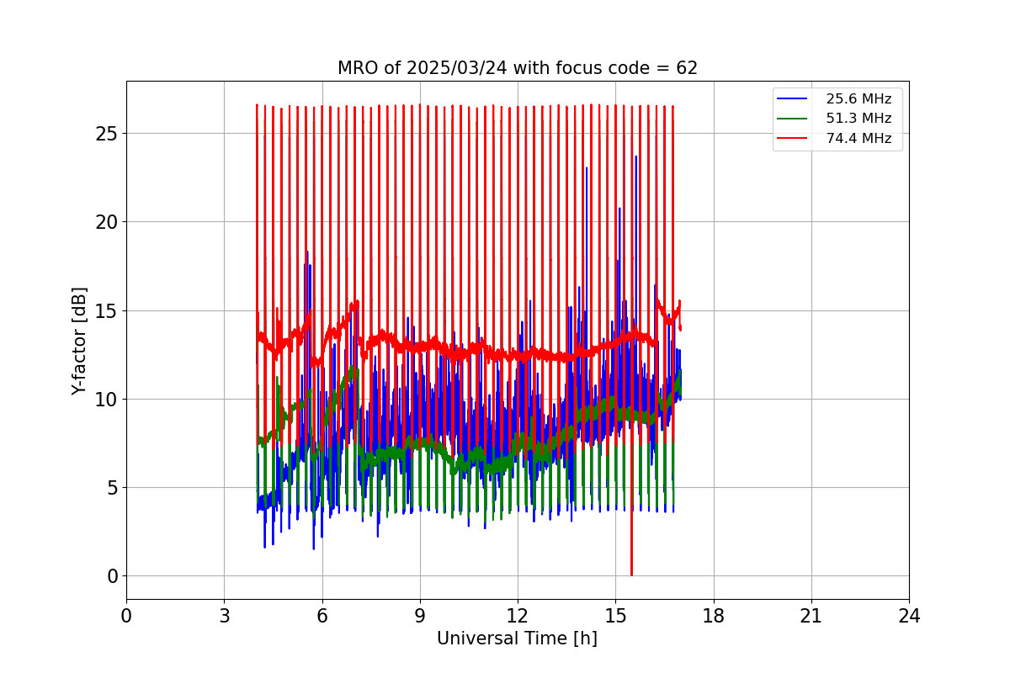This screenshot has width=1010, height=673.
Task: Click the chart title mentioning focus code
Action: click(517, 68)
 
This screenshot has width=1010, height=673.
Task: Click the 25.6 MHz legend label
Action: click(858, 99)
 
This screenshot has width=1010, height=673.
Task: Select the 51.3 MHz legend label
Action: click(858, 119)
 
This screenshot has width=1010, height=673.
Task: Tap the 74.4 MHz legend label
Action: click(858, 139)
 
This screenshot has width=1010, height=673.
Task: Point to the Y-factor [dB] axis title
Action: click(79, 341)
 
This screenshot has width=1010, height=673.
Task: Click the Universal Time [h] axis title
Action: click(517, 639)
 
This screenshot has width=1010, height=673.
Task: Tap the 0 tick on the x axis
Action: click(126, 616)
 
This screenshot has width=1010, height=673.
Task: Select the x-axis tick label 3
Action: click(224, 616)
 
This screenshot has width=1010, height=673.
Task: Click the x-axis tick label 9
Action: click(420, 616)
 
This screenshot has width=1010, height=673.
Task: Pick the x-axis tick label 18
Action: click(714, 616)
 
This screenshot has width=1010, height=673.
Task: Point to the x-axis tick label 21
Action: click(811, 616)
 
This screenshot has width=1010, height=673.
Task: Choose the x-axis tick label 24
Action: click(909, 616)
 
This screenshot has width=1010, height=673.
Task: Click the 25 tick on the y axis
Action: click(106, 134)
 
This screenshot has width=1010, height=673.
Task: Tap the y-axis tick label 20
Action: click(106, 222)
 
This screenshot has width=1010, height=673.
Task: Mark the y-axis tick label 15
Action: click(106, 310)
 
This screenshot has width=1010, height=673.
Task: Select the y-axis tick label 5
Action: click(111, 488)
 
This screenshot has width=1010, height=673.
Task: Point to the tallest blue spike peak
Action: click(636, 157)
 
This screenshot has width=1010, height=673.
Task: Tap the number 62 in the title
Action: click(687, 68)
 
